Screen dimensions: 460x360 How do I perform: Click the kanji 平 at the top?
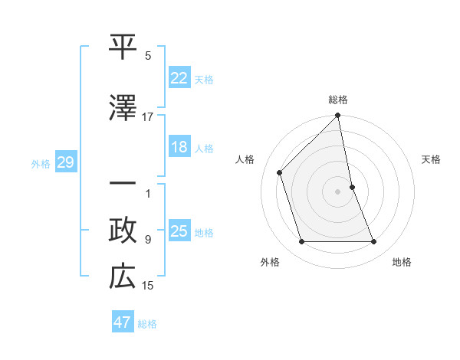[123, 47]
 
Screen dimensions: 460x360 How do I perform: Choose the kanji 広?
[123, 277]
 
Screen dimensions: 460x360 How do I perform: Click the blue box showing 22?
[179, 78]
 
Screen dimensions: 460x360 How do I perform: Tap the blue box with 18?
[179, 148]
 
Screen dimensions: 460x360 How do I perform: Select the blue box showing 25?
[179, 232]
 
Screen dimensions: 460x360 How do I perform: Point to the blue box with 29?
[65, 162]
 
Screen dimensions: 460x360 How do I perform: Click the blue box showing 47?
[122, 322]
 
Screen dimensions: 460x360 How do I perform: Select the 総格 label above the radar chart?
[338, 100]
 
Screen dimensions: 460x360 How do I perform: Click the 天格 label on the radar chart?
[432, 159]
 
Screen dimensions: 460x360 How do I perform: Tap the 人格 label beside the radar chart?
[245, 159]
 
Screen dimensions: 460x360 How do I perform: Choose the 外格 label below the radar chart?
[270, 262]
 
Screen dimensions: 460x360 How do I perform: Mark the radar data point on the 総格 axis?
[338, 116]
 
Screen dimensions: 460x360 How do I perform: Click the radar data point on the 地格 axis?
[374, 242]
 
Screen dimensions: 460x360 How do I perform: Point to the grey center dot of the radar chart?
[338, 191]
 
